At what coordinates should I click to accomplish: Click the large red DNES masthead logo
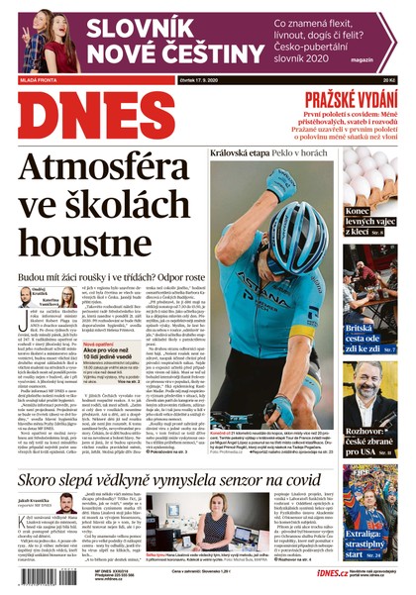[x=96, y=116]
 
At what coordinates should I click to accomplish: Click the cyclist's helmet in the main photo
[x=299, y=223]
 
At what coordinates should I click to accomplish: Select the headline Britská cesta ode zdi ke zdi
[x=369, y=337]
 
